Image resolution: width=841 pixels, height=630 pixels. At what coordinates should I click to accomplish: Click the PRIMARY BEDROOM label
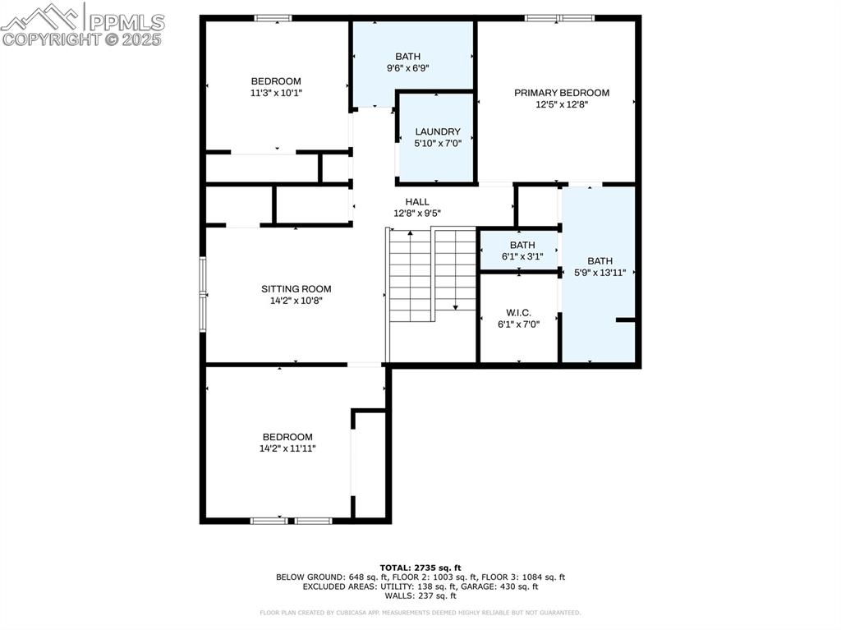[x=562, y=93]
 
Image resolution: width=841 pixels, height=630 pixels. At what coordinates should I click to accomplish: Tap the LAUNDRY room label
[x=438, y=131]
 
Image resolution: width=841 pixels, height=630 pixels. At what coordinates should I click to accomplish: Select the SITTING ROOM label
[x=296, y=288]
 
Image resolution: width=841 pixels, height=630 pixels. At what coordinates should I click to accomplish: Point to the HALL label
[x=417, y=201]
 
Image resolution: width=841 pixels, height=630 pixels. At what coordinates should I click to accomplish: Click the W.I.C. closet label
[x=518, y=312]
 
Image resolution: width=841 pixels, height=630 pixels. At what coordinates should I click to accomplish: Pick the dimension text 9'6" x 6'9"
[x=408, y=68]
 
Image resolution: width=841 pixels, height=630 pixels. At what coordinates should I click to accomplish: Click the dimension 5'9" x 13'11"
[x=600, y=273]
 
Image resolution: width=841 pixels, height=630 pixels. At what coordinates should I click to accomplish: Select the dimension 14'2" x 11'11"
[x=287, y=448]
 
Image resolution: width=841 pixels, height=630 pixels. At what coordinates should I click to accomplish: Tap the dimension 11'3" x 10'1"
[x=276, y=93]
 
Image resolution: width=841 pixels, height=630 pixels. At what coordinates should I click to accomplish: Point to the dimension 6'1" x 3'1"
[x=522, y=256]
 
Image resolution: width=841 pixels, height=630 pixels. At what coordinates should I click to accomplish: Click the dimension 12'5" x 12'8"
[x=562, y=104]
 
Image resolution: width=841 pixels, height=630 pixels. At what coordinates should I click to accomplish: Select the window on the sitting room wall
[x=203, y=294]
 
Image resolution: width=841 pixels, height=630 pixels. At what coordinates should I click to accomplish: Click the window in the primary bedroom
[x=559, y=17]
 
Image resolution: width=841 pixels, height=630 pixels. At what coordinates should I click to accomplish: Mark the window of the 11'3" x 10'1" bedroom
[x=273, y=17]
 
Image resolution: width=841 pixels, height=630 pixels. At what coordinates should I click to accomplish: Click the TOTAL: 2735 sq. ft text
[x=420, y=568]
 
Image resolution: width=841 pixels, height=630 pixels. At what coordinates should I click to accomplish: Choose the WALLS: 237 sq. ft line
[x=420, y=596]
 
